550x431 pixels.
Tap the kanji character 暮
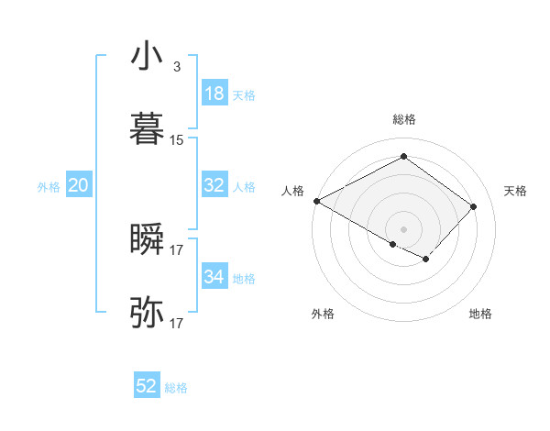pyautogui.click(x=148, y=129)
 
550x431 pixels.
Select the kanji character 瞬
pyautogui.click(x=148, y=239)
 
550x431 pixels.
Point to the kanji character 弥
pyautogui.click(x=148, y=313)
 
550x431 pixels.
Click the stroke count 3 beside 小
pyautogui.click(x=176, y=67)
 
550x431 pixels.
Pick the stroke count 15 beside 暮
pyautogui.click(x=177, y=140)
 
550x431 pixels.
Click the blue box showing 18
pyautogui.click(x=214, y=94)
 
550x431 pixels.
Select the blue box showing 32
pyautogui.click(x=214, y=185)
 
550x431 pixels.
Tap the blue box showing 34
pyautogui.click(x=214, y=277)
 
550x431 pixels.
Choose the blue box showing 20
pyautogui.click(x=79, y=185)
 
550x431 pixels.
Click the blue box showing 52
pyautogui.click(x=147, y=387)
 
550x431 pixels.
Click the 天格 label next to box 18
pyautogui.click(x=244, y=95)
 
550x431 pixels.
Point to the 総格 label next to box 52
pyautogui.click(x=176, y=388)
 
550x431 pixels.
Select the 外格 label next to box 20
pyautogui.click(x=49, y=187)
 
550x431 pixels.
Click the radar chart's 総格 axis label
pyautogui.click(x=404, y=119)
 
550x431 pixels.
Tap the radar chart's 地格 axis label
pyautogui.click(x=480, y=315)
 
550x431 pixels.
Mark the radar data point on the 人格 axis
pyautogui.click(x=316, y=201)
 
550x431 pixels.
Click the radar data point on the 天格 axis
pyautogui.click(x=473, y=207)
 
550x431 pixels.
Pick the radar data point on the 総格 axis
pyautogui.click(x=403, y=157)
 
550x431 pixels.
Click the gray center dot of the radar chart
pyautogui.click(x=403, y=228)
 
